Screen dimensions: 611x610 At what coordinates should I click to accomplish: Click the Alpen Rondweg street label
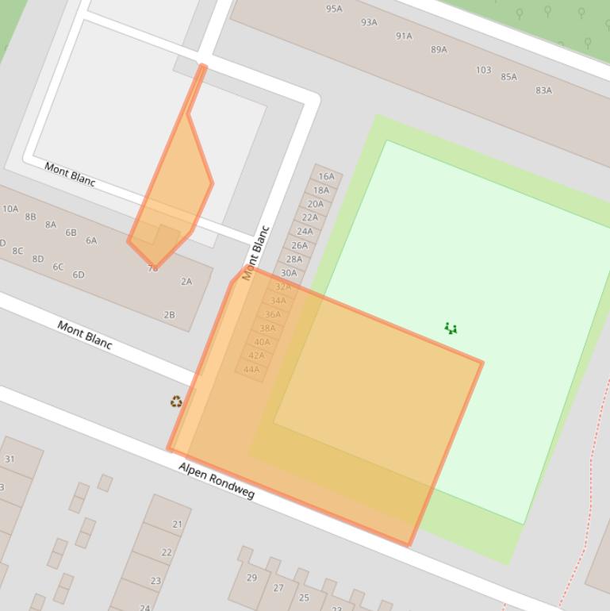coord(216,481)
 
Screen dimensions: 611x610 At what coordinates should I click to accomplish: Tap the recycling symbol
coord(176,402)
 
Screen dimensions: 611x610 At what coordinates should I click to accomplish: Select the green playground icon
coord(451,328)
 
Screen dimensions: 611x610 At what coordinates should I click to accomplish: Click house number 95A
coord(334,9)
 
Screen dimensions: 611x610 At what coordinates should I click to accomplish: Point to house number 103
coord(483,70)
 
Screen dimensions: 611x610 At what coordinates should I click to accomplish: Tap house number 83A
coord(543,90)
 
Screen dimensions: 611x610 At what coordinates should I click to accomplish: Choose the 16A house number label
coord(326,177)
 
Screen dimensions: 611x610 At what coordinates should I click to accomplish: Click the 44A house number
coord(251,369)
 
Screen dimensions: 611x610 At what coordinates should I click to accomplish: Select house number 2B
coord(169,315)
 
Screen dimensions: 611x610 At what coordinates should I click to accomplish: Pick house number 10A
coord(10,209)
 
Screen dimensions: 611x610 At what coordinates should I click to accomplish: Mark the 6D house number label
coord(79,275)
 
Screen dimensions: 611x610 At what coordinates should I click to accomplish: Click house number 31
coord(10,459)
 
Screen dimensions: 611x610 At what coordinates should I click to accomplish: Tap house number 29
coord(251,578)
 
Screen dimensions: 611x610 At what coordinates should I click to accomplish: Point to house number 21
coord(177,524)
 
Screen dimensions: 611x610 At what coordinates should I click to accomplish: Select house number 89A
coord(439,49)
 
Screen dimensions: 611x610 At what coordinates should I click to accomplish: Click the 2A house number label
coord(186,281)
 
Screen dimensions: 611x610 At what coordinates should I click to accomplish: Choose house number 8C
coord(17,251)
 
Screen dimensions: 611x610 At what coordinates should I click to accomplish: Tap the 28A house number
coord(293,259)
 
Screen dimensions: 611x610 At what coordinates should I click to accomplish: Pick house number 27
coord(278,588)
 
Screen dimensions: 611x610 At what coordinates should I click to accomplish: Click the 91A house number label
coord(404,36)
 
